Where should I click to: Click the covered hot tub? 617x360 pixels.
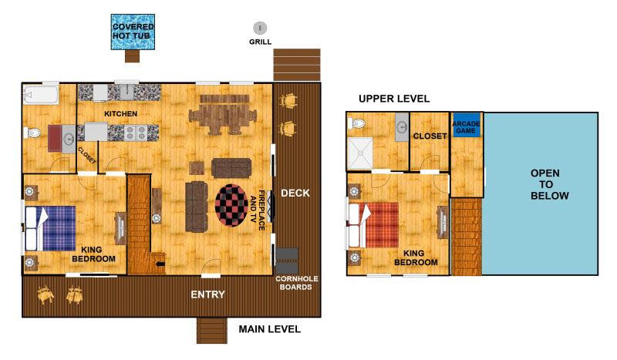[133, 32]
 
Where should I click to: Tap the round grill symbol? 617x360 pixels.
[260, 28]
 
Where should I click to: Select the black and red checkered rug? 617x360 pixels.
[231, 205]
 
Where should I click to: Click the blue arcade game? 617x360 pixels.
[467, 125]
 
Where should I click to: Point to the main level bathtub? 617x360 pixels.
[41, 95]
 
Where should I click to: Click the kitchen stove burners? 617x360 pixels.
[137, 133]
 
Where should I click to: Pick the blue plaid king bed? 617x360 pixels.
[50, 228]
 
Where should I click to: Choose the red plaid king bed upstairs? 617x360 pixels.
[374, 225]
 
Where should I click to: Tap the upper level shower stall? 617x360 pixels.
[360, 153]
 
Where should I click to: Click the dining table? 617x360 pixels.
[224, 115]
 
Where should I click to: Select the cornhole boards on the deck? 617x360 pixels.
[287, 260]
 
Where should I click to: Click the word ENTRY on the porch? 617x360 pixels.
[207, 294]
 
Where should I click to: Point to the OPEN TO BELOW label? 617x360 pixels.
[549, 184]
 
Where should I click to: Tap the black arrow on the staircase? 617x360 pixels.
[160, 264]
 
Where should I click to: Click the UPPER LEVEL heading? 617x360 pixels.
[394, 99]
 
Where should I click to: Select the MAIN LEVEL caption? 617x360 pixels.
[269, 329]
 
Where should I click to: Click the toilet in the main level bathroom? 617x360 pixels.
[32, 133]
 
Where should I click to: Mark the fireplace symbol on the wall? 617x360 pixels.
[270, 206]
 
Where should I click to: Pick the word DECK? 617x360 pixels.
[295, 193]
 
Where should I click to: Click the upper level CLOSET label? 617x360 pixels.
[430, 136]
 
